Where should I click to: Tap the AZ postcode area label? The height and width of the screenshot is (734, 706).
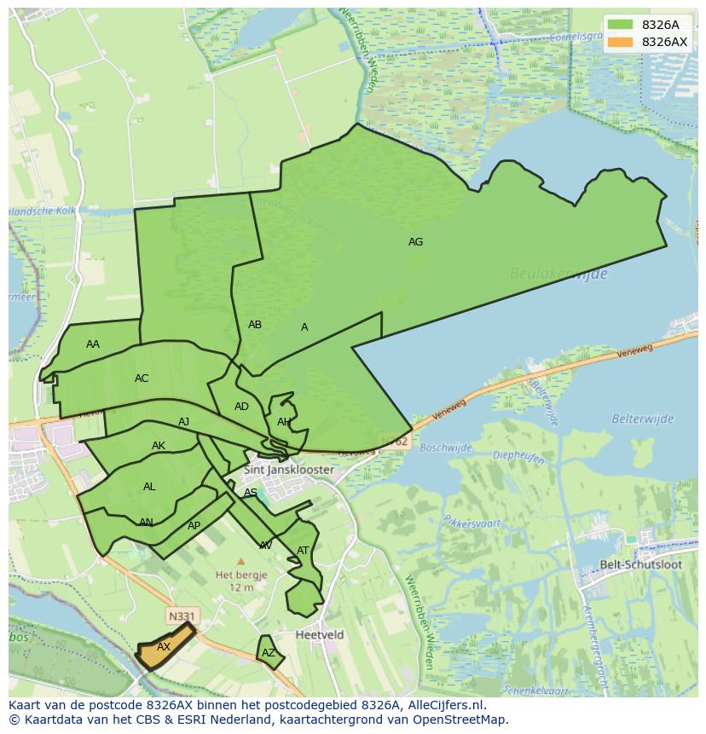[269, 653]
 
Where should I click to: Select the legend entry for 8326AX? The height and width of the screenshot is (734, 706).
[664, 42]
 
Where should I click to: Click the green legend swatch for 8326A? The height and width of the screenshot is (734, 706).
[621, 25]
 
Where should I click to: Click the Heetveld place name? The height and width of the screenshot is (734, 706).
[320, 635]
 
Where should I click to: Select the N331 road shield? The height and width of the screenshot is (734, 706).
[180, 615]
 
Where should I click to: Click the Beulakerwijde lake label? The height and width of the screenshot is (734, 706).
[558, 274]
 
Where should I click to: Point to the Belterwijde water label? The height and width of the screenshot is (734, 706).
[642, 419]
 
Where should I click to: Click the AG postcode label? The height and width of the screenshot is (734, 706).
[415, 242]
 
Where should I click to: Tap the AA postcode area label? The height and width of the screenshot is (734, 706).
[93, 344]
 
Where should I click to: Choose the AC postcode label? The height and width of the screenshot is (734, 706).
[142, 379]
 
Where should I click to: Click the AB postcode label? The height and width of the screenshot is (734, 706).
[255, 325]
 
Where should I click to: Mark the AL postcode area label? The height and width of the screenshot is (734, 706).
[149, 487]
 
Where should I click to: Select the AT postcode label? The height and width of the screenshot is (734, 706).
[303, 551]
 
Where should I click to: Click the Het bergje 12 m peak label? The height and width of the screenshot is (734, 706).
[240, 581]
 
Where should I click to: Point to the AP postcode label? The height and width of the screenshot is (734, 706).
[194, 526]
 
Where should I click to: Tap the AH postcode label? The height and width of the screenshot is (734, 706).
[284, 422]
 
